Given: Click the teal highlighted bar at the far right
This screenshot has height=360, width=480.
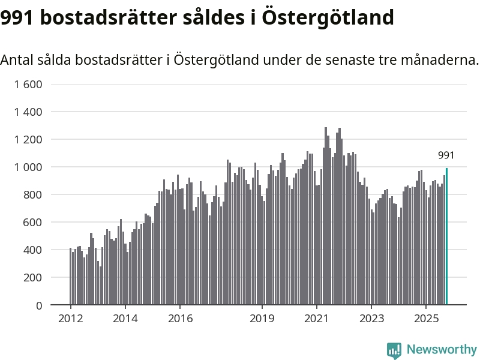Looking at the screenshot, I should click(446, 236).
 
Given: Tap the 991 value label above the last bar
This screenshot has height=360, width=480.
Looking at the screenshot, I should click(446, 156).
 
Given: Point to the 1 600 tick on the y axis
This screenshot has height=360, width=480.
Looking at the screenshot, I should click(28, 84).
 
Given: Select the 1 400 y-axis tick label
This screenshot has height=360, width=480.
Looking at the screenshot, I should click(28, 112).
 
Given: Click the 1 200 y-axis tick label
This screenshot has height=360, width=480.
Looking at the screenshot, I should click(28, 139).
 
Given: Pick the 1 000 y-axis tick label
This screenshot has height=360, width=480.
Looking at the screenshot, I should click(28, 167).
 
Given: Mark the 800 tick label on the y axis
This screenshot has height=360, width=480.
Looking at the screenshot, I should click(32, 194).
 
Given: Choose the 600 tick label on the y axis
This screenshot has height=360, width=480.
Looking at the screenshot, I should click(32, 222).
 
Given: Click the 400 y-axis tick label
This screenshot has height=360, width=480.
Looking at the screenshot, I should click(32, 250).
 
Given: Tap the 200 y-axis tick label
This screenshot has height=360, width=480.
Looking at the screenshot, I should click(32, 278).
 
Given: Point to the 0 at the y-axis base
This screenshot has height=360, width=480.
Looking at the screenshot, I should click(39, 305).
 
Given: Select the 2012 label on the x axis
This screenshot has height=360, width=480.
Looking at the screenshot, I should click(70, 318).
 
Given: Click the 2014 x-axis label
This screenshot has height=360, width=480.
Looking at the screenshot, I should click(125, 318).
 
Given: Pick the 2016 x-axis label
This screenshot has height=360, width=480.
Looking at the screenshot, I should click(180, 318).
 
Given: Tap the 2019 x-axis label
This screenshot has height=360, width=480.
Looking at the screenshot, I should click(262, 318).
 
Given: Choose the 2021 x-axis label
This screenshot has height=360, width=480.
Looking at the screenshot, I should click(316, 318).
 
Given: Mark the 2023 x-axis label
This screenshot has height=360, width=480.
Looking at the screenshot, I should click(371, 318).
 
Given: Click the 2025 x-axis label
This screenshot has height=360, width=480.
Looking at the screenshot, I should click(426, 318).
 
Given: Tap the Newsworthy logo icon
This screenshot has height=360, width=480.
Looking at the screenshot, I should click(394, 350).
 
